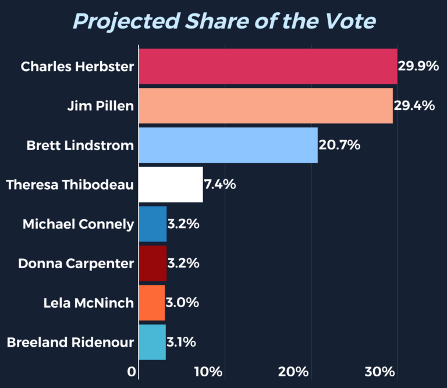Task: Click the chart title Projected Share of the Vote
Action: (224, 21)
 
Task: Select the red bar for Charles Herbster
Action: (268, 66)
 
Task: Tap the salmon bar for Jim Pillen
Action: (265, 105)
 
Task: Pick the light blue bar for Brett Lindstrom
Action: (228, 145)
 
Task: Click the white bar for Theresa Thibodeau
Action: (171, 184)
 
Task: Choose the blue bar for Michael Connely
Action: (152, 224)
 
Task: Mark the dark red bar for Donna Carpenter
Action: (152, 263)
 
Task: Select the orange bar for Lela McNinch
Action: (152, 302)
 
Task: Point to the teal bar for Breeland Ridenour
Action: (152, 342)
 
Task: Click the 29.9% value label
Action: (418, 66)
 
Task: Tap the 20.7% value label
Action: (339, 145)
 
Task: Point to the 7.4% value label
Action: (219, 184)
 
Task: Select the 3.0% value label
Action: (183, 302)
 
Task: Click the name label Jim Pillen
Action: (100, 106)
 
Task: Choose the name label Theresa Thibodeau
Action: (70, 185)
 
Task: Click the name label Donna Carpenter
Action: (76, 264)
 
